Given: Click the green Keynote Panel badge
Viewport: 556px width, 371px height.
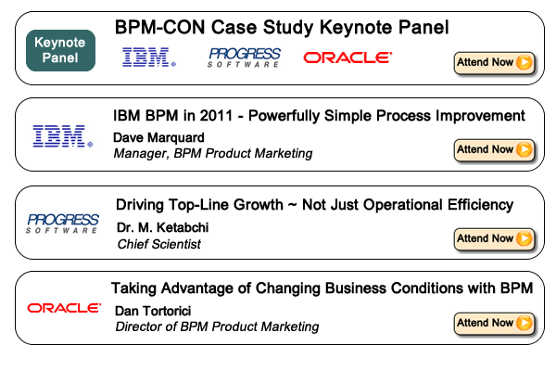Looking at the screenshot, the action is click(60, 50).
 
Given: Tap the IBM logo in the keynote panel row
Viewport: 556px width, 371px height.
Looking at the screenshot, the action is click(149, 58).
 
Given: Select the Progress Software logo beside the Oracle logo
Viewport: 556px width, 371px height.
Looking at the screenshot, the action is click(245, 58).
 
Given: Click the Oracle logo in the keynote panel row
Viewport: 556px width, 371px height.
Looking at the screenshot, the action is click(347, 58).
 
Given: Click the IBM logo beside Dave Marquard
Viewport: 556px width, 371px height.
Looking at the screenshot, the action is click(63, 136).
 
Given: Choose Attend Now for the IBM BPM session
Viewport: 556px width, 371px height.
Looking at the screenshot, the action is click(494, 150).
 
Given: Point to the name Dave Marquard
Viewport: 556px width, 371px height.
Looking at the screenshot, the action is click(158, 138).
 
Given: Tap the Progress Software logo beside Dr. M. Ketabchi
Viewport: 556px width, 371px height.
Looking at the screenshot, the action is click(63, 224).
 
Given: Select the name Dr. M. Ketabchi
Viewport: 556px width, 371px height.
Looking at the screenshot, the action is click(163, 227).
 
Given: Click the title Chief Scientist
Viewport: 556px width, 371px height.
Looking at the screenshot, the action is click(159, 244).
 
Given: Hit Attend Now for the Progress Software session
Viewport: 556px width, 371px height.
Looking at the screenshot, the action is click(494, 239).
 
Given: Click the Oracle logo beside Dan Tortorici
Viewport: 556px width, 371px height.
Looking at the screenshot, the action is click(64, 308).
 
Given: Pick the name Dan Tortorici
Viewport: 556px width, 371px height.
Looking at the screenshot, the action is click(153, 311).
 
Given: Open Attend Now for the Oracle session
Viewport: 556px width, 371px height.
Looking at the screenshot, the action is click(494, 324).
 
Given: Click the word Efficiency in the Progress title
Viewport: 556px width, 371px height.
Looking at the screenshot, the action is click(480, 205).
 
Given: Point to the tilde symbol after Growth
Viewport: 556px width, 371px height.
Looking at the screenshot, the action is click(293, 206).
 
